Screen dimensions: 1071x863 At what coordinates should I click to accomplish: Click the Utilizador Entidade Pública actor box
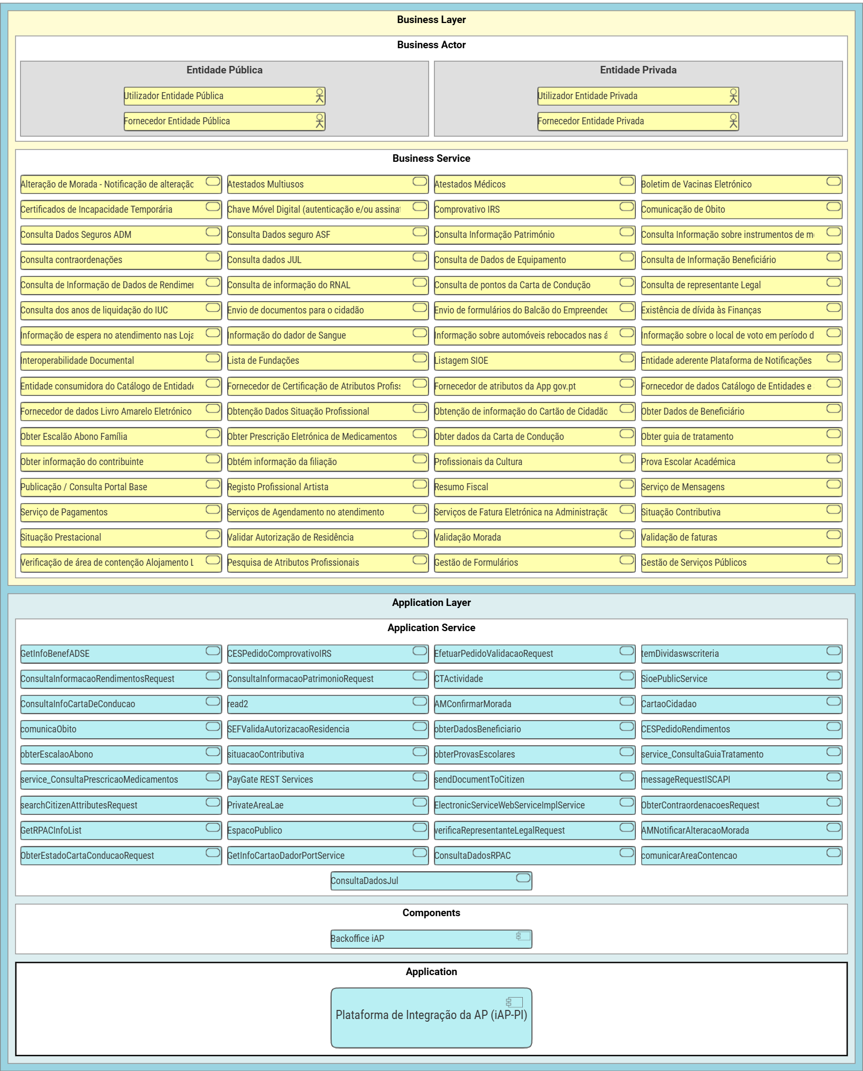[x=224, y=96]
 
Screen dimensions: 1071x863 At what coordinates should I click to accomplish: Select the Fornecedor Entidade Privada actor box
[x=637, y=121]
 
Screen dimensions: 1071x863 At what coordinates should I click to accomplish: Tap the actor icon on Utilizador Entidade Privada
[x=733, y=96]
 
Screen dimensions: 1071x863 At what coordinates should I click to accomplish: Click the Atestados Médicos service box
[x=534, y=184]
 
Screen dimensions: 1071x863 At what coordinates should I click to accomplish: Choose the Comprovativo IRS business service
[x=534, y=209]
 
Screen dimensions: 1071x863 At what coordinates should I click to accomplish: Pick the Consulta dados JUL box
[x=327, y=260]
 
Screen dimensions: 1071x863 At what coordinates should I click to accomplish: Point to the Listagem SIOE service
[x=534, y=361]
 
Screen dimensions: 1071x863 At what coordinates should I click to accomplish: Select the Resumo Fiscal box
[x=534, y=487]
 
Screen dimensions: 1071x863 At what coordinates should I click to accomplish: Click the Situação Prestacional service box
[x=121, y=537]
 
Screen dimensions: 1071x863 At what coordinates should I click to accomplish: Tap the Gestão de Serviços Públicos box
[x=741, y=563]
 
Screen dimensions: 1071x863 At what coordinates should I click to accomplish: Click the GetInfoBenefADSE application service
[x=121, y=654]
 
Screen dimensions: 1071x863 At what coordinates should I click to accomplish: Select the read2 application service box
[x=327, y=704]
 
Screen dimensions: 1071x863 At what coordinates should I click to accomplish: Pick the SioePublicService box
[x=741, y=679]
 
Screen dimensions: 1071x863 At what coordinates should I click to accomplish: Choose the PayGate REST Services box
[x=327, y=780]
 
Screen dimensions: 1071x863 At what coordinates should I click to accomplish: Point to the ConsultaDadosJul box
[x=431, y=881]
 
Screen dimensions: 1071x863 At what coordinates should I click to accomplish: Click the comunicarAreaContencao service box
[x=741, y=856]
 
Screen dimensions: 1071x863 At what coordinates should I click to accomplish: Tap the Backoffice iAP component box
[x=431, y=939]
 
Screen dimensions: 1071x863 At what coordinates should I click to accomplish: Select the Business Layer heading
[x=431, y=20]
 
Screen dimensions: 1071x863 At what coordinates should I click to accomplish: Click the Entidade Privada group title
[x=637, y=70]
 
